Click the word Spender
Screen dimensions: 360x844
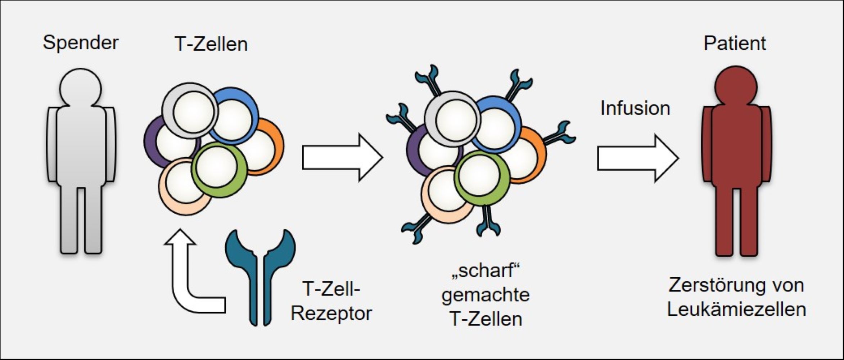[x=81, y=43]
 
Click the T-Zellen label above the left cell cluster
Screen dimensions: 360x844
[x=211, y=44]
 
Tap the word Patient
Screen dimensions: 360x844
[x=735, y=44]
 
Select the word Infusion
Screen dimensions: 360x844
[x=635, y=108]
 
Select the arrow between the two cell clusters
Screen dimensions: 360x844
[x=342, y=157]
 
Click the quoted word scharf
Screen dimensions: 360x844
[x=486, y=270]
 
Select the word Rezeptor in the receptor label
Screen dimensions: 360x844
[x=331, y=313]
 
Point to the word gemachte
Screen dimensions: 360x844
[x=486, y=295]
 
